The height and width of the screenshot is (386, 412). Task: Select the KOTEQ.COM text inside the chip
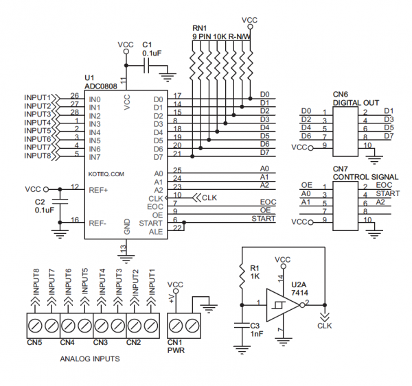[106, 175]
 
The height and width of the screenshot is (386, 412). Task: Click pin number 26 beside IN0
[74, 96]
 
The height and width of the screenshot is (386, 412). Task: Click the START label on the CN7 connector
[388, 194]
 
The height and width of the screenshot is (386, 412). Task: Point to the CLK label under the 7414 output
[324, 326]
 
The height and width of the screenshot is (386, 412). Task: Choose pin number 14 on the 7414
[279, 278]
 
